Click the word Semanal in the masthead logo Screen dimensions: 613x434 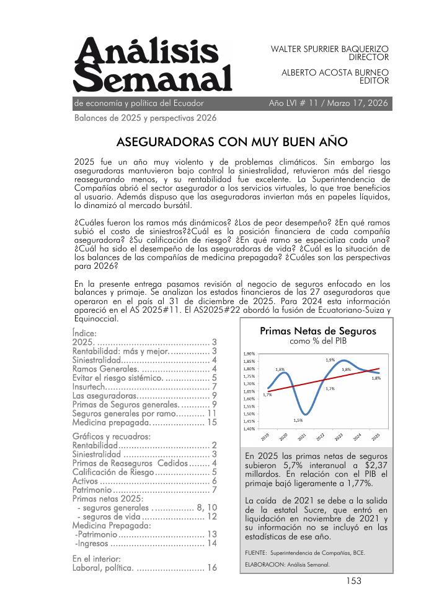click(x=153, y=80)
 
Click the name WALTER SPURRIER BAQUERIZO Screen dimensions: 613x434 click(x=330, y=48)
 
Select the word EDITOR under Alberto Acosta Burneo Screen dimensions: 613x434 click(x=374, y=80)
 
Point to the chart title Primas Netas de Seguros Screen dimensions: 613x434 click(x=317, y=331)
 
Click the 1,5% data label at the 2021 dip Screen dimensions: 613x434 click(x=298, y=420)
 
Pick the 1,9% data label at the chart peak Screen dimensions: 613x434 click(x=330, y=359)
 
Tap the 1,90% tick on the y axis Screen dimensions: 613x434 click(x=249, y=354)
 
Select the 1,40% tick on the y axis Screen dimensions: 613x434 click(x=249, y=428)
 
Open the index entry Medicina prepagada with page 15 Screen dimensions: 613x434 click(x=111, y=422)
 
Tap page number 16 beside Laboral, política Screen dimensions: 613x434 click(x=211, y=567)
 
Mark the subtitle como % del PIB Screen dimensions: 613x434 click(x=317, y=341)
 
